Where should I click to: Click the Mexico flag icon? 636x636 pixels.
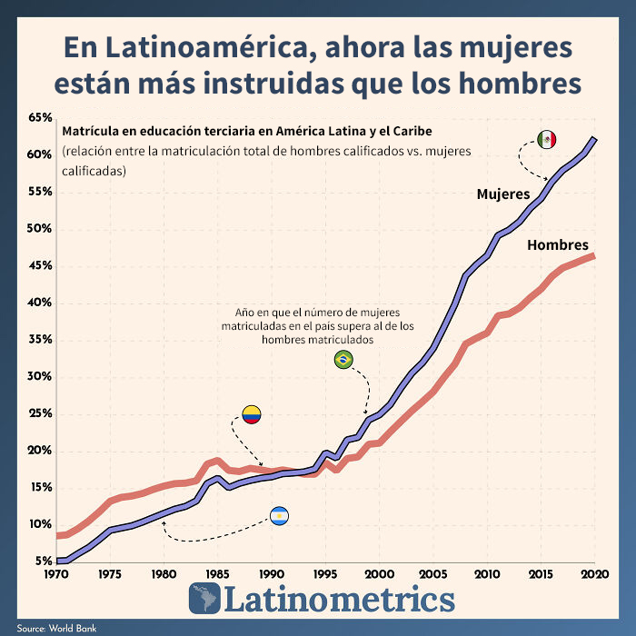pos(546,139)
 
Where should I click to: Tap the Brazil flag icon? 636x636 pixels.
pos(343,360)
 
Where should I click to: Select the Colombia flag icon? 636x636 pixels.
pos(251,415)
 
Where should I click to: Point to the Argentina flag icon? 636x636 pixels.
pos(279,517)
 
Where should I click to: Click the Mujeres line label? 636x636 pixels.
pos(503,194)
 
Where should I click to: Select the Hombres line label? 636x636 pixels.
pos(558,245)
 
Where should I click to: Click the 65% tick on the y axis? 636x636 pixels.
pos(39,118)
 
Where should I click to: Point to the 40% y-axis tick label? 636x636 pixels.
pos(39,303)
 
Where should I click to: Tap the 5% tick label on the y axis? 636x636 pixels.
pos(43,561)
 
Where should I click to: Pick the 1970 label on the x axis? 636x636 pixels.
pos(56,574)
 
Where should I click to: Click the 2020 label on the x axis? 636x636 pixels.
pos(595,574)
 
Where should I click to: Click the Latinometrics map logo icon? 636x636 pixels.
pos(204,599)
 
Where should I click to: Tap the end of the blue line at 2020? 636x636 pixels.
pos(595,138)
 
